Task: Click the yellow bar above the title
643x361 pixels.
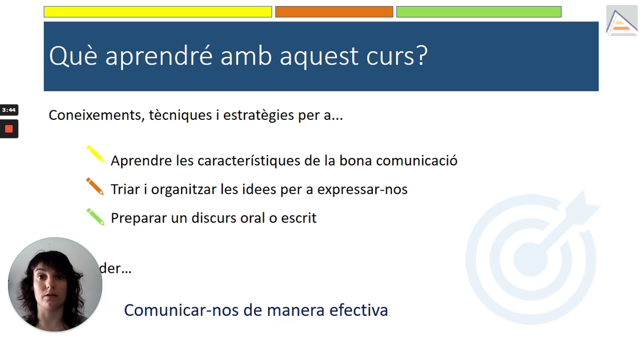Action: [158, 12]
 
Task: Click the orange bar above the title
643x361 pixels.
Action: [334, 12]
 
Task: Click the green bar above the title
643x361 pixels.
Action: [479, 12]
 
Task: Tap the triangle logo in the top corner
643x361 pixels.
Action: [622, 21]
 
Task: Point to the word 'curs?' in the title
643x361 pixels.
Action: [397, 56]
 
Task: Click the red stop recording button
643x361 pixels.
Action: [9, 129]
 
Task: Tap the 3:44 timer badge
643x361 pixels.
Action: [9, 110]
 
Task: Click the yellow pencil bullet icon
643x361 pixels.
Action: [95, 154]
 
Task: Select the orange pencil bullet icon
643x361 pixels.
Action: [95, 186]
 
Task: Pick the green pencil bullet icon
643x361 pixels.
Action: [95, 217]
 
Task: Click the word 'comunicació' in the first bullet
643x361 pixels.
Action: [416, 160]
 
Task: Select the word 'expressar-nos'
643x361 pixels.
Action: [362, 190]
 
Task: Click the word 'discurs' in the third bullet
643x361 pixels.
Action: [213, 218]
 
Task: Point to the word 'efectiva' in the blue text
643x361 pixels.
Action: [359, 310]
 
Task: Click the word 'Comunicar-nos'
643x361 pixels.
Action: [181, 310]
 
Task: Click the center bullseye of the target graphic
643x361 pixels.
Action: [530, 259]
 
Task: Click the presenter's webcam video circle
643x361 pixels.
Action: [55, 284]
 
